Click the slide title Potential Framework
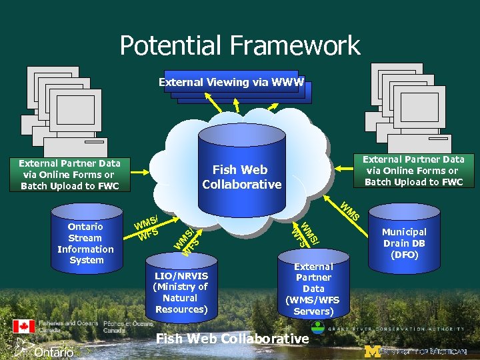point(240,45)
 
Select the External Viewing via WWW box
point(231,83)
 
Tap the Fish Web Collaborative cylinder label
point(241,177)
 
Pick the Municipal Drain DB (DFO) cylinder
point(404,243)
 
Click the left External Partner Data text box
point(70,174)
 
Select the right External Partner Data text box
point(413,171)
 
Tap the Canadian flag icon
point(24,326)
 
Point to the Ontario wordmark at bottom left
point(53,351)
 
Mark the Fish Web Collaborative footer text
point(232,339)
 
